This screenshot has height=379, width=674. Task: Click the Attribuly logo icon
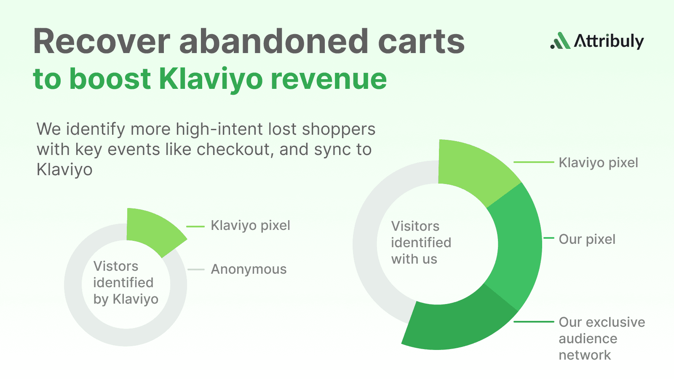pos(561,41)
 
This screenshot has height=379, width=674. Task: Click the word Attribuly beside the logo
pos(609,41)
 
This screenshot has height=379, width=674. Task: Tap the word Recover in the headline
pos(102,42)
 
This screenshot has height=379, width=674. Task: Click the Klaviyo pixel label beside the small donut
pos(250,225)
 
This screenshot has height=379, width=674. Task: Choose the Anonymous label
pos(249,269)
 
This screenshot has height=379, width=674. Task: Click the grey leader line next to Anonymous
pos(196,270)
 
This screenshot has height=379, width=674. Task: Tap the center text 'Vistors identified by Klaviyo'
pos(126,283)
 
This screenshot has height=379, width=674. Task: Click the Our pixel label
pos(587,239)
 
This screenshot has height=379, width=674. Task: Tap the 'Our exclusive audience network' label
pos(602,339)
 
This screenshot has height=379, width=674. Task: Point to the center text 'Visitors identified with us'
pos(421,243)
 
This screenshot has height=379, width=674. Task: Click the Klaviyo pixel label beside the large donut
pos(598,163)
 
